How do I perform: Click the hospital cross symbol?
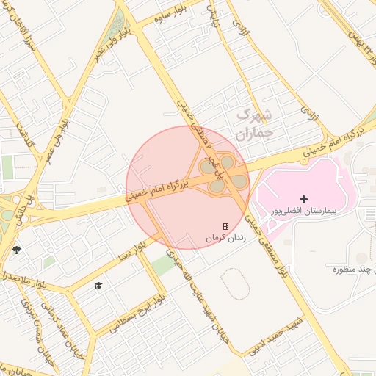(x=304, y=199)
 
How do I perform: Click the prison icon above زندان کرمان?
(x=225, y=226)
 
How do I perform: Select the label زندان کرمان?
(x=223, y=238)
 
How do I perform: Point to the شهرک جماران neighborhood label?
(x=254, y=125)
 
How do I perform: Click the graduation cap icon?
(x=98, y=285)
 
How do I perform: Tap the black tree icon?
(x=17, y=250)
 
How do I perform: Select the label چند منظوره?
(x=337, y=269)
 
